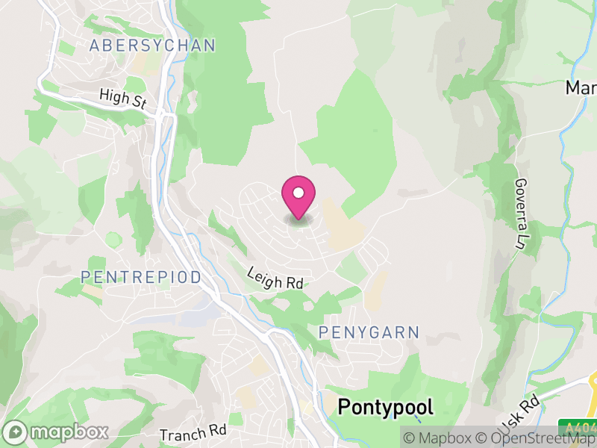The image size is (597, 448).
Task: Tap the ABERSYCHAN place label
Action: pos(152,46)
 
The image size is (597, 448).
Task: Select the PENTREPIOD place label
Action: pos(141,278)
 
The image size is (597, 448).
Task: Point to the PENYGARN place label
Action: pos(369,332)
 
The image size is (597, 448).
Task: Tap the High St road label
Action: pos(123,98)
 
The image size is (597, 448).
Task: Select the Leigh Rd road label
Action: pos(275,280)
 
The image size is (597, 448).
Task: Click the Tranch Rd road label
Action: pos(193,433)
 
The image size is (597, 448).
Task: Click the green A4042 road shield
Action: pos(580,429)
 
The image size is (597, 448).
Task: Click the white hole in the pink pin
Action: pos(298,192)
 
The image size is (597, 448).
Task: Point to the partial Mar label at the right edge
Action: pos(581,88)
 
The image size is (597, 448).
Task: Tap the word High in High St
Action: pos(113,95)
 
